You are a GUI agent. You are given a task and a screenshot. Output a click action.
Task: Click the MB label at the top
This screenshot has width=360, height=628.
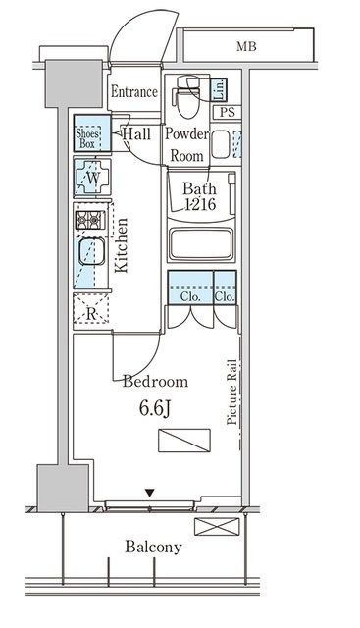pos(246,47)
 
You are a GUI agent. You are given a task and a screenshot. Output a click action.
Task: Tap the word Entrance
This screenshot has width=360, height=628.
pos(134,92)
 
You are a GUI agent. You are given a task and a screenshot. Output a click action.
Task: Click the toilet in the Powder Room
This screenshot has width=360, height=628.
pos(187,97)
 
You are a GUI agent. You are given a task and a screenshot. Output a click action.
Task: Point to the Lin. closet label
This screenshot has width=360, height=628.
pos(219,89)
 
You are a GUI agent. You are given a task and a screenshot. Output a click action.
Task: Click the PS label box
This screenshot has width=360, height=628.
pos(227,113)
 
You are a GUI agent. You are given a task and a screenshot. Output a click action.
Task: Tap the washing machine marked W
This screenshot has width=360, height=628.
pos(92,177)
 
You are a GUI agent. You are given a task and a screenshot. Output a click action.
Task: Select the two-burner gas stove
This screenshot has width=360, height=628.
pos(90,220)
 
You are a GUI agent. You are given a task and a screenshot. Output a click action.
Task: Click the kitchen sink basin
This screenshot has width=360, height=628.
pos(91,252)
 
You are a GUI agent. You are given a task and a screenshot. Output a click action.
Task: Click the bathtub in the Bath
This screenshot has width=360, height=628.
pos(201,244)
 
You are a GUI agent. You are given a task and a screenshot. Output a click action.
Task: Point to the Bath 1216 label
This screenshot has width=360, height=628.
pos(200,196)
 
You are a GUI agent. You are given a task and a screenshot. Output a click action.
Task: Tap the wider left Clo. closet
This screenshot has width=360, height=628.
pos(190,288)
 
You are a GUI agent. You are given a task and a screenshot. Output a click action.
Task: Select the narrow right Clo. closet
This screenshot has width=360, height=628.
pos(225,288)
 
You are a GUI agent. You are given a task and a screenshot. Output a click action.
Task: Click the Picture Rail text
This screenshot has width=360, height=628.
pos(231,392)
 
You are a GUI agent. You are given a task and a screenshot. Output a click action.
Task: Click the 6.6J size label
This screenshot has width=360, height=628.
pos(155,408)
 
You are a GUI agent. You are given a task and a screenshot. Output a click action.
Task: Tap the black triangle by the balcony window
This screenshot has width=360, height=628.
pos(149,493)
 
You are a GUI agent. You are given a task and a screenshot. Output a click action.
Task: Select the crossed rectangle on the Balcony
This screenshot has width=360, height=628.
pos(217,526)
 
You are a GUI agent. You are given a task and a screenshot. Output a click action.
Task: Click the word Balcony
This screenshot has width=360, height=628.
pos(153,548)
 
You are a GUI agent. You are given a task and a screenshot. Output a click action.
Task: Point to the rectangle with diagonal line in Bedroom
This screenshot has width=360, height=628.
pos(184,441)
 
